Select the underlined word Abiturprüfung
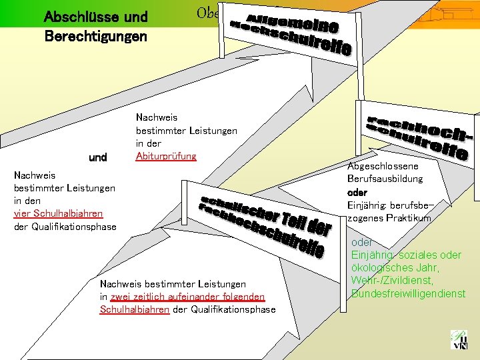click(x=166, y=156)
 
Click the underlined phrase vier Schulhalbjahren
click(x=58, y=213)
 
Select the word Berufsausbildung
click(x=385, y=179)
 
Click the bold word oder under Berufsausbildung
click(x=357, y=192)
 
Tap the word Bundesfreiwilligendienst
click(x=408, y=293)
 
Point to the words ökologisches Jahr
click(x=394, y=268)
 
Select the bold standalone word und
click(x=98, y=158)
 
